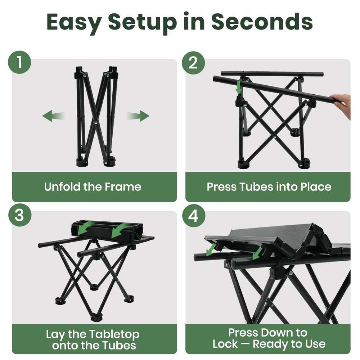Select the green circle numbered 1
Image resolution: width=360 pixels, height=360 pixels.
pos(19,62)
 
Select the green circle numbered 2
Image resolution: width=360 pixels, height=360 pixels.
pos(193,63)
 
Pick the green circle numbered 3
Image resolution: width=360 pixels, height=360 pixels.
pos(20,215)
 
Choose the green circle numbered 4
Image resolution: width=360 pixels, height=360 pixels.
pos(194,216)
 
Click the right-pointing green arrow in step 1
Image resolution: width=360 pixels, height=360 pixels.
pos(138,116)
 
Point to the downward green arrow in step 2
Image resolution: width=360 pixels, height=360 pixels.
pos(239,87)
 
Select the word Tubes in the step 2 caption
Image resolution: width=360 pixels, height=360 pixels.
pos(256,186)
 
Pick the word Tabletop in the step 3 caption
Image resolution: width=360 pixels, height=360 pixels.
pos(114,335)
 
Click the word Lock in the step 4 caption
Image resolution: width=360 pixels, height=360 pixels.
pos(225,344)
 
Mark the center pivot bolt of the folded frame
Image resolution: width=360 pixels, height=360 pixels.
pos(95,122)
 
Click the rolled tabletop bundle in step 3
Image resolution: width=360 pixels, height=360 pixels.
pos(107,230)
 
